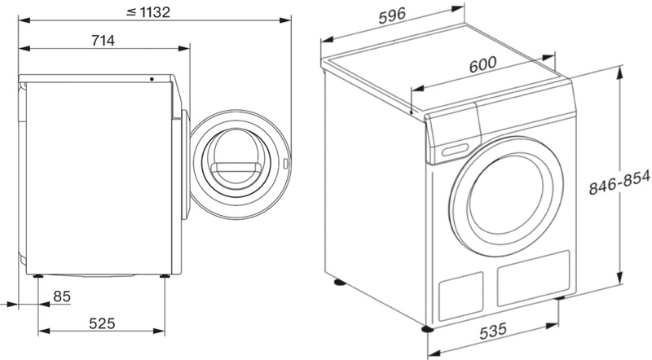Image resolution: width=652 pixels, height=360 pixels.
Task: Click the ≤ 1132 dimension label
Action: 148,12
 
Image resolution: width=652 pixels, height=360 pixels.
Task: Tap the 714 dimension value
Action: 103,41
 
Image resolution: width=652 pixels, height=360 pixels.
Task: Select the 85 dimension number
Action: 62,296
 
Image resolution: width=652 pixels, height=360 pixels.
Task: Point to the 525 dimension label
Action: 102,323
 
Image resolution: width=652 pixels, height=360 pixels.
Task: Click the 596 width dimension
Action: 392,15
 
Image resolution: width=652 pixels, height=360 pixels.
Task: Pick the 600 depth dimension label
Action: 482,65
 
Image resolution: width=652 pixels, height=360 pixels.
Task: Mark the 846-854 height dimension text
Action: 619,182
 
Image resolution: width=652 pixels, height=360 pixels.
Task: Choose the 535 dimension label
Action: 493,331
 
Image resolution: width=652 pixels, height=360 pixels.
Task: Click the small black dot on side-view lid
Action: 152,79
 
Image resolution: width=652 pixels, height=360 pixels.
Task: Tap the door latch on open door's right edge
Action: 285,164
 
